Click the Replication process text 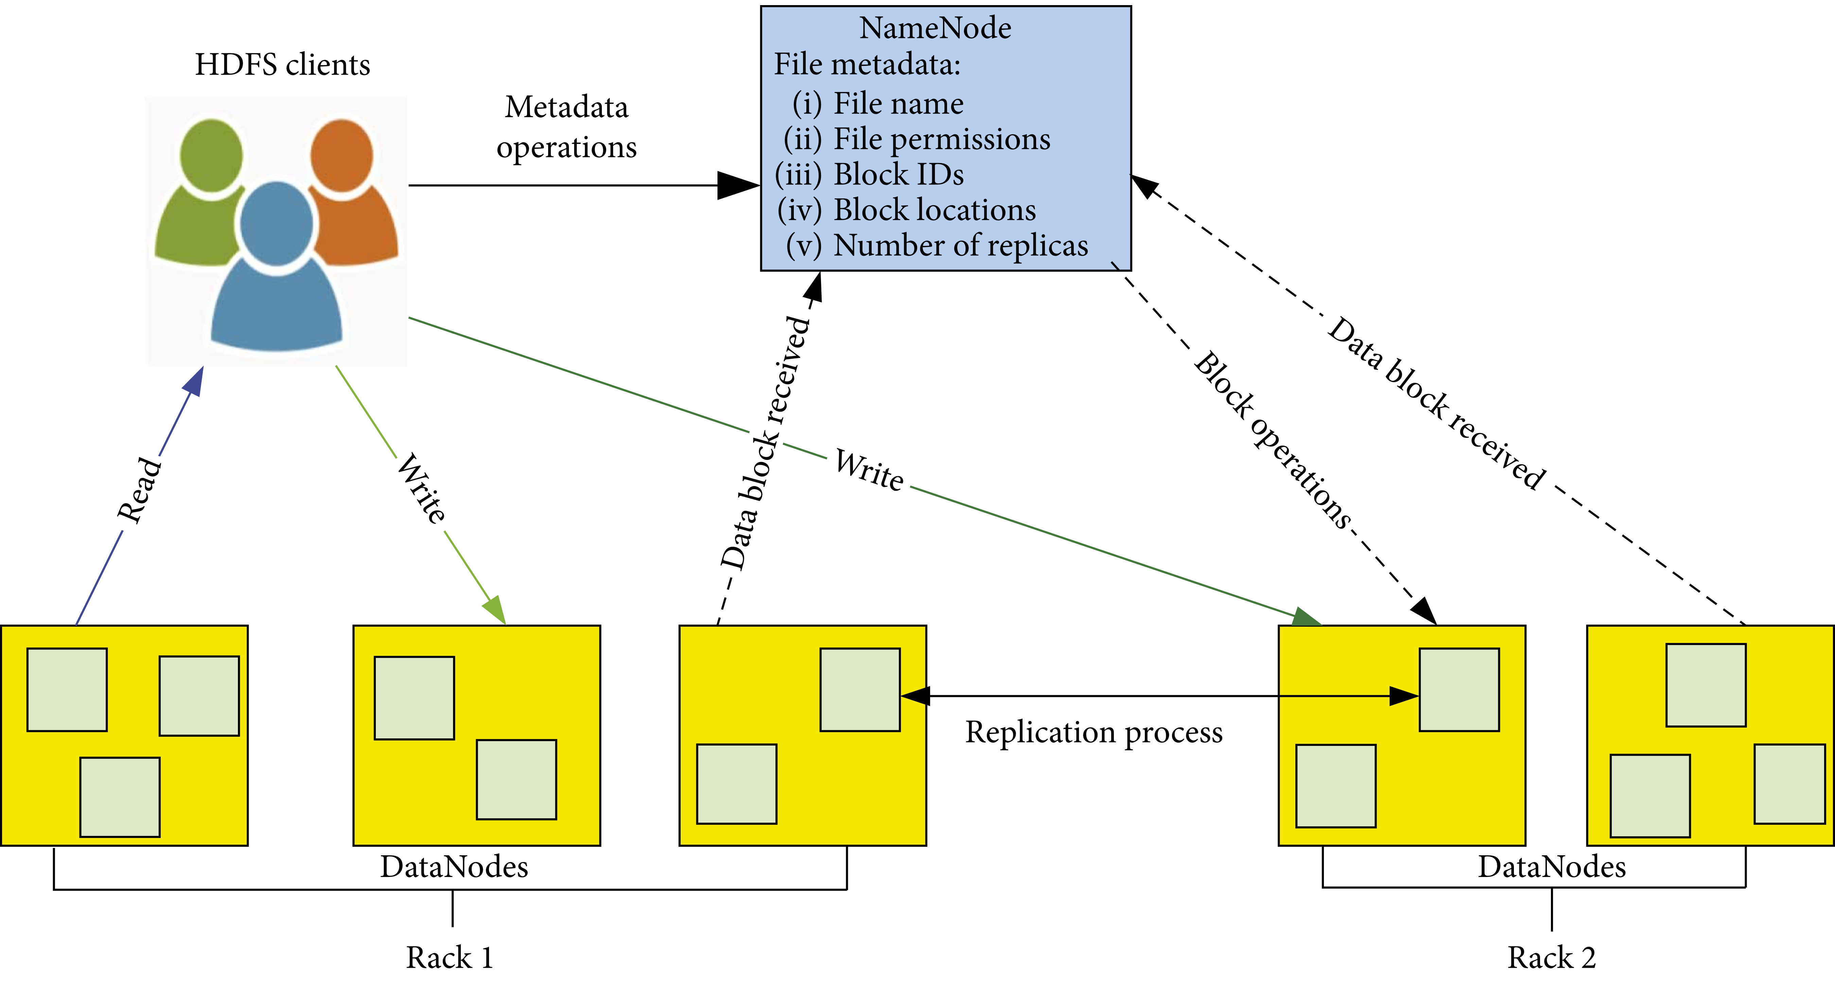point(1094,732)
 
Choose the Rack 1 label point(450,957)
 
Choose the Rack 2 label point(1552,957)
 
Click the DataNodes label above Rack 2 point(1552,867)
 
